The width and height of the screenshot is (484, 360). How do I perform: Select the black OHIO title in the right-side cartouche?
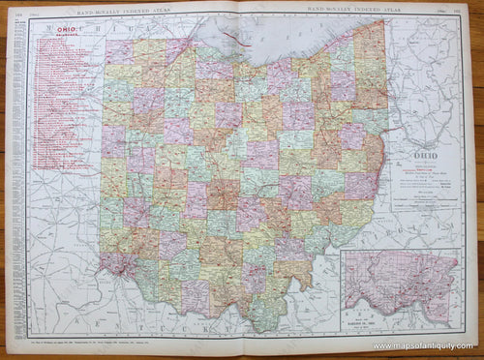pos(426,154)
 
